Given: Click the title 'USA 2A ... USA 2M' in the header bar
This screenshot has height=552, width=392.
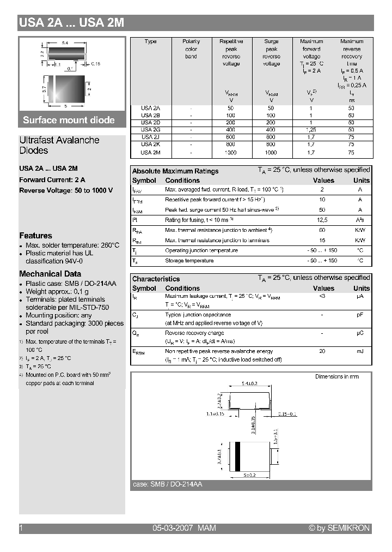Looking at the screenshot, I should [x=72, y=23].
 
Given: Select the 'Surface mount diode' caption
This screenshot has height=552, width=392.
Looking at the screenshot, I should [x=69, y=120].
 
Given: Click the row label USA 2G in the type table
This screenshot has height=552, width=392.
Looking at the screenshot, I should [x=151, y=130].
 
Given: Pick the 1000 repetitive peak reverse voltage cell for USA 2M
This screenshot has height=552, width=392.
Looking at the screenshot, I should [x=231, y=153].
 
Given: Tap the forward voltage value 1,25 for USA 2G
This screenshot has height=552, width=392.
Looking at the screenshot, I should [x=311, y=130].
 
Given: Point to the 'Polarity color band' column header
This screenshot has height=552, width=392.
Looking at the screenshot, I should [x=191, y=49].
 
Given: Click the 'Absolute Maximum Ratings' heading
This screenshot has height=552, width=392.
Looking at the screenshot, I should [x=175, y=171].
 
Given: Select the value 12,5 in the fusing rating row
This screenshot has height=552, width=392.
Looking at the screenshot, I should [x=322, y=220].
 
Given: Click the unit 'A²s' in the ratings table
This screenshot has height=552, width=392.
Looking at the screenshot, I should [x=360, y=220].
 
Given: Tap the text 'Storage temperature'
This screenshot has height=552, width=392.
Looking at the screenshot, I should [x=189, y=261].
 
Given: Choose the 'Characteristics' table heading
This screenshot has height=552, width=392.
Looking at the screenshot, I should [x=156, y=279].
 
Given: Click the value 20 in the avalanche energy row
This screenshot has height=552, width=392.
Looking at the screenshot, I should [x=322, y=352].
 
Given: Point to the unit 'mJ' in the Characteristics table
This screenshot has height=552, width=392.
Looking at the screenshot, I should [x=360, y=352].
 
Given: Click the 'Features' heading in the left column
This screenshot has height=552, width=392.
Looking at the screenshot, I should [x=35, y=236].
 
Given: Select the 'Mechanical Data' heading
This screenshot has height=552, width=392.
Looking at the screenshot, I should [x=50, y=274].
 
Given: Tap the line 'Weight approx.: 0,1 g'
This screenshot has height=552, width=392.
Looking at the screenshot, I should [x=57, y=291].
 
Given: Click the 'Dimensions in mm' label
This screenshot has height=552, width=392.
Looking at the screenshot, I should [x=337, y=377].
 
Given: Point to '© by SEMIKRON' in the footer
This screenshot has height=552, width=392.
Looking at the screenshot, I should [x=339, y=528].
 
